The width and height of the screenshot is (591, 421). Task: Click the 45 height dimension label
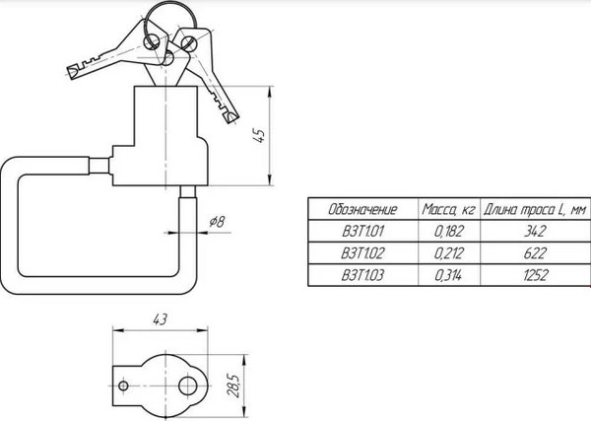(x=260, y=135)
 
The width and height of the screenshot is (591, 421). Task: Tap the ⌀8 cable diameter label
(x=217, y=221)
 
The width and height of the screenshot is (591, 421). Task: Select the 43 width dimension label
(x=160, y=319)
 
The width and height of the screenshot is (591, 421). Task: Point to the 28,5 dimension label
(x=234, y=386)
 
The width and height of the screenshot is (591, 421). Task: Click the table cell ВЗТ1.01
(x=362, y=231)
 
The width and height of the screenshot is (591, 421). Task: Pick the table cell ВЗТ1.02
(x=362, y=252)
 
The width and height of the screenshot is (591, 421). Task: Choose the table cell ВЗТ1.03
(x=362, y=275)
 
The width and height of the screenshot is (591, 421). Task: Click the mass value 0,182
(x=448, y=231)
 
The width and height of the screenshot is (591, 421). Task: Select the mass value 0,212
(x=448, y=252)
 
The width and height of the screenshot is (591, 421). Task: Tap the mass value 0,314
(x=448, y=275)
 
